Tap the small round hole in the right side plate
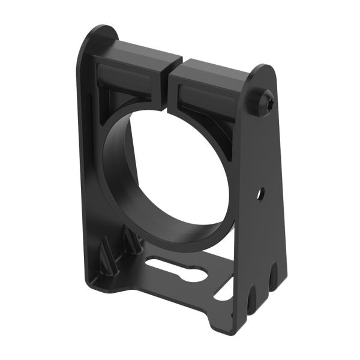pyautogui.click(x=261, y=194)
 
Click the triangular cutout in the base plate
pyautogui.click(x=223, y=292)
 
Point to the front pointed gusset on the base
pyautogui.click(x=107, y=255)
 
